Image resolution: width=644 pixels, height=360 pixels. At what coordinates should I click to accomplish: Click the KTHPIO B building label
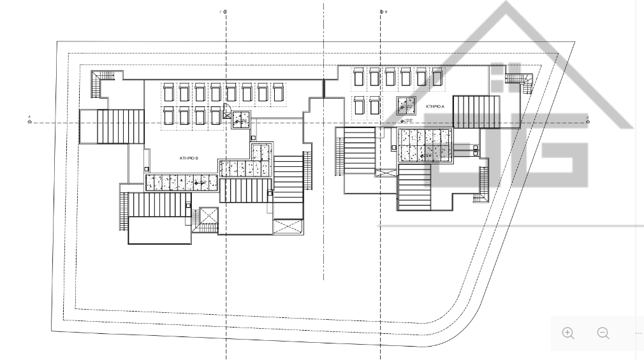(189, 157)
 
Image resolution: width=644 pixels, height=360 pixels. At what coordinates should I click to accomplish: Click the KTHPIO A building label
(435, 106)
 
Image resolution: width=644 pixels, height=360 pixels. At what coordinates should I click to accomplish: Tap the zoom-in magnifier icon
(568, 333)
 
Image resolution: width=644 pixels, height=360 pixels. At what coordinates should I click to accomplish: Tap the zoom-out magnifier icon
(603, 333)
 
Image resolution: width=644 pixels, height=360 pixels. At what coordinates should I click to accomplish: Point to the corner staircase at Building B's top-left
(102, 83)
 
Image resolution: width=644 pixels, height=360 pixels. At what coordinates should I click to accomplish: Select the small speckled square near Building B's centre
(241, 119)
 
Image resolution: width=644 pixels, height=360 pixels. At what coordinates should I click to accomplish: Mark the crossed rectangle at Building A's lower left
(386, 173)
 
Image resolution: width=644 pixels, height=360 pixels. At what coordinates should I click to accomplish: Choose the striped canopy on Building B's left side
(104, 126)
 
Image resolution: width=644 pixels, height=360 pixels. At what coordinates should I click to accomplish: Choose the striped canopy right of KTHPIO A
(475, 112)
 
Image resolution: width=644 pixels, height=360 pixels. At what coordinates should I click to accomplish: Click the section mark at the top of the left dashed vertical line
(224, 11)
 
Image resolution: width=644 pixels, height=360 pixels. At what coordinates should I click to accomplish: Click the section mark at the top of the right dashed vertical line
(382, 11)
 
